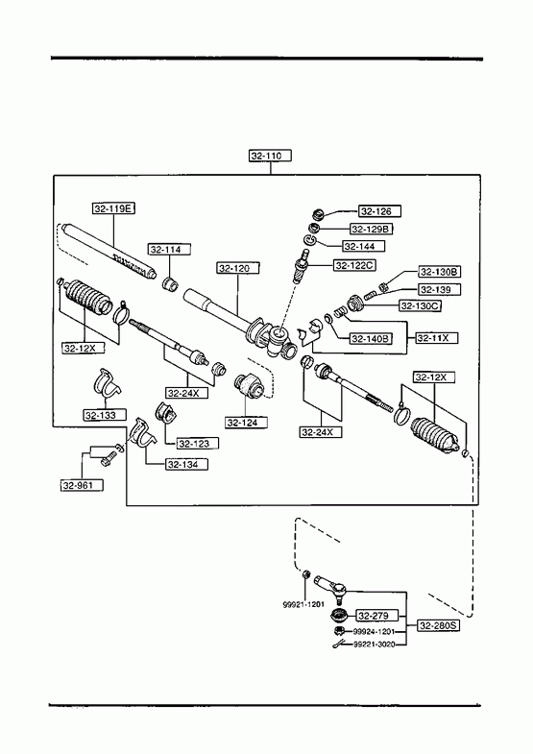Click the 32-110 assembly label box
[x=270, y=156]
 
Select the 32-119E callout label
[x=113, y=208]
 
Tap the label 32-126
[x=379, y=211]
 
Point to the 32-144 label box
[x=364, y=246]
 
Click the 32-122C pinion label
[x=354, y=265]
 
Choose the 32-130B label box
[x=440, y=272]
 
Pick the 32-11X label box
[x=436, y=338]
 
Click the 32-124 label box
[x=246, y=423]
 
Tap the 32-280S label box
[x=438, y=625]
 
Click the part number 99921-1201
[x=303, y=604]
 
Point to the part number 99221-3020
[x=374, y=645]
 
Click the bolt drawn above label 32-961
[x=108, y=457]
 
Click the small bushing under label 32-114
[x=170, y=284]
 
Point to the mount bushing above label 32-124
[x=249, y=386]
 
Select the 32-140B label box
[x=371, y=338]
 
